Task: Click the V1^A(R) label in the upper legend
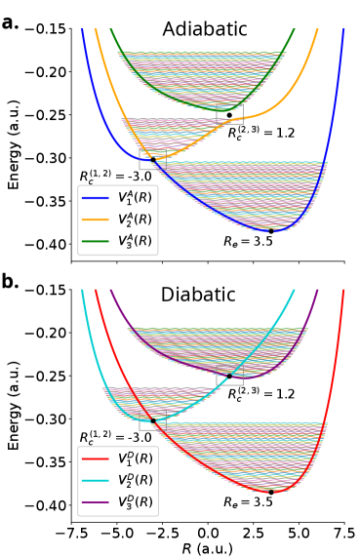point(135,198)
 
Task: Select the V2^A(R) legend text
point(135,219)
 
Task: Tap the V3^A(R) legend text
point(135,241)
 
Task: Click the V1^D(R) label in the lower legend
point(135,458)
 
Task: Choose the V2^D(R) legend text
point(135,480)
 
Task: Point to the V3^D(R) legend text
point(135,502)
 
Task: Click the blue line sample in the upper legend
point(96,198)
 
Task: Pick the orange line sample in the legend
point(96,219)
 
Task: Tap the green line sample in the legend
point(96,241)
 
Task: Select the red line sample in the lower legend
point(96,458)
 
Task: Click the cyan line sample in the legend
point(96,480)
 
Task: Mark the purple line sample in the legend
point(96,502)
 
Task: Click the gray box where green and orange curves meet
point(230,116)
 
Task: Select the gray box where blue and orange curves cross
point(147,161)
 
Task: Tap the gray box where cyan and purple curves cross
point(230,377)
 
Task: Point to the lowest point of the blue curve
point(273,231)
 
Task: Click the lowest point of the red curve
point(273,492)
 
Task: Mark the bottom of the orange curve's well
point(160,156)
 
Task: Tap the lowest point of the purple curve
point(256,376)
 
